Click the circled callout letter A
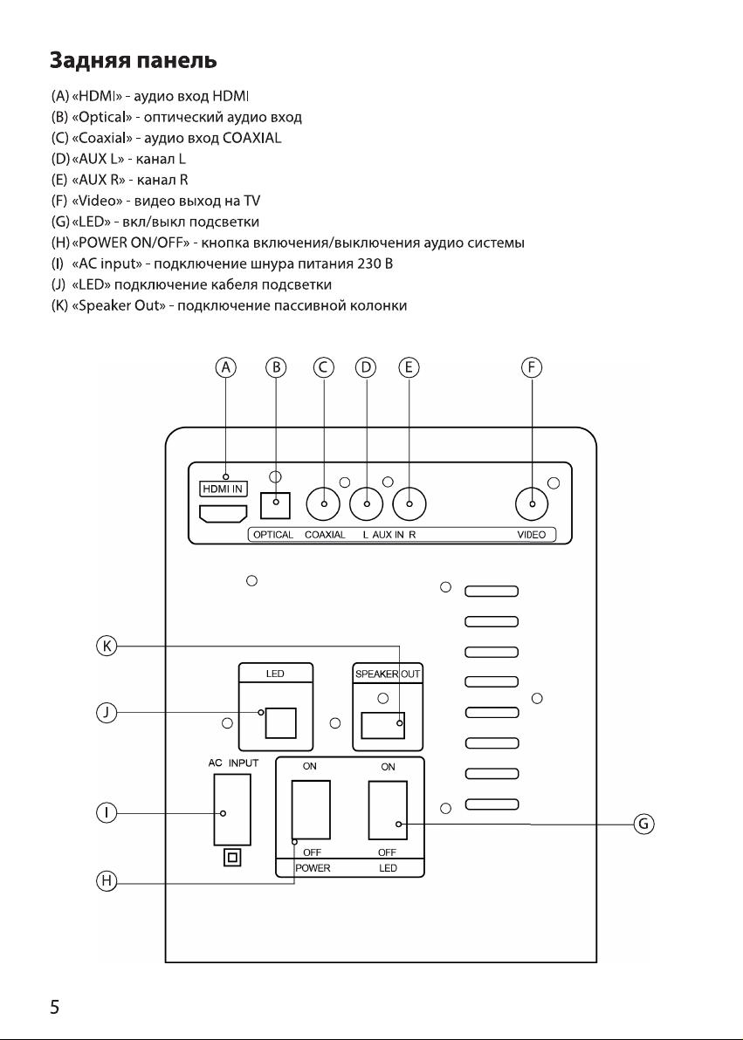point(226,367)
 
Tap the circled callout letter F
point(531,367)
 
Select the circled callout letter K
point(107,646)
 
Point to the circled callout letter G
point(643,824)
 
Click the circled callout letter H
point(107,881)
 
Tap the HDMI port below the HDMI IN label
point(224,513)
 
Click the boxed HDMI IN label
point(224,489)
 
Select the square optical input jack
point(276,505)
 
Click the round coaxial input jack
point(323,504)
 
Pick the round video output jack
point(532,504)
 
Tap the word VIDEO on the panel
point(531,535)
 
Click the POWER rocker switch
point(311,810)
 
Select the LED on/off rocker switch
point(388,810)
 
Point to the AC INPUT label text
point(233,763)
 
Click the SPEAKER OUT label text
point(388,674)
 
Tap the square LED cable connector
point(280,723)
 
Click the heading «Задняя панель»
point(134,61)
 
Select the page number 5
point(54,1007)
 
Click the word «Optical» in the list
point(101,118)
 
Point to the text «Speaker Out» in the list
point(118,305)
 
